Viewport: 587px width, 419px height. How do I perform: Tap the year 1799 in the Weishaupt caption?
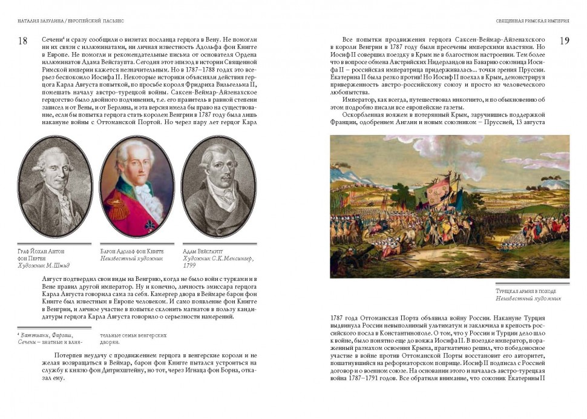point(189,265)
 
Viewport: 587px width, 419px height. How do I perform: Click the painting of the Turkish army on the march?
point(449,206)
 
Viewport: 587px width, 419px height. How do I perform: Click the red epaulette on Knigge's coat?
point(112,208)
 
